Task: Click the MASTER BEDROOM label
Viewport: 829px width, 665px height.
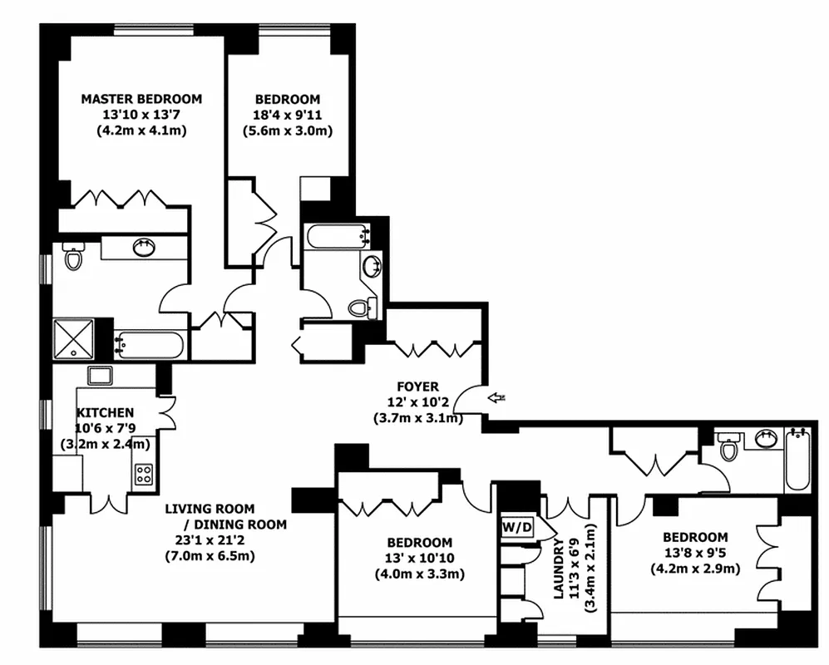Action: [x=141, y=99]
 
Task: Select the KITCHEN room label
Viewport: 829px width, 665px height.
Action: [x=105, y=412]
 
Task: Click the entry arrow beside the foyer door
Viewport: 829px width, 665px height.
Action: [x=497, y=398]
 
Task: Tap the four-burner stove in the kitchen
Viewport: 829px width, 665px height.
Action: [x=144, y=474]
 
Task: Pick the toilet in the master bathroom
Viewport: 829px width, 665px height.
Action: [x=73, y=258]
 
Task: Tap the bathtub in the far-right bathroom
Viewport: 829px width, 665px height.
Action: [x=797, y=461]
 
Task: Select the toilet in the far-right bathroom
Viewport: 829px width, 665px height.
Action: [x=729, y=448]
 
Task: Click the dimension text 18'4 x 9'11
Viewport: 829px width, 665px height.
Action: [x=288, y=115]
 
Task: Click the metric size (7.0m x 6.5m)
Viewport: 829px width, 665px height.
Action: [x=210, y=555]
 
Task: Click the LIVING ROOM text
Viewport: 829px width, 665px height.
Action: [x=210, y=508]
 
